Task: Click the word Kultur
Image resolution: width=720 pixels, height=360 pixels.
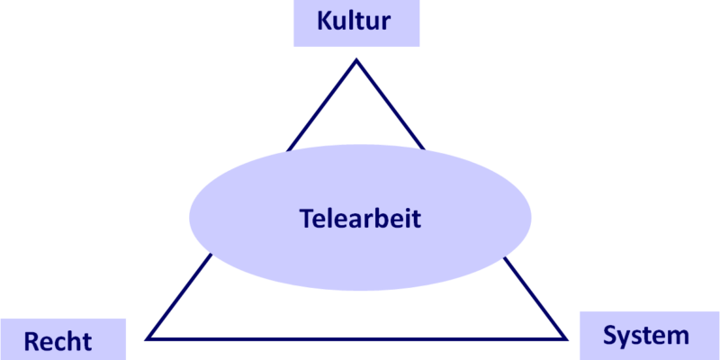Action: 354,21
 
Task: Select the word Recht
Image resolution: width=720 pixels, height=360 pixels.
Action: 58,342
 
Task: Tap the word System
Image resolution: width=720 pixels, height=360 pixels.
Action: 645,337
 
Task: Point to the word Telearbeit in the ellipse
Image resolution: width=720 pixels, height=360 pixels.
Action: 360,218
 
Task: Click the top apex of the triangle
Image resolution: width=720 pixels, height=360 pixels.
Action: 356,60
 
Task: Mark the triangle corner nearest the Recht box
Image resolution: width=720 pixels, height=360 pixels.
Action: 147,339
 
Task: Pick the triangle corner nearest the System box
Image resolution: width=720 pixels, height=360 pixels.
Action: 566,339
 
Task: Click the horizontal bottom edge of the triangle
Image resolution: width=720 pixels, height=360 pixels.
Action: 356,339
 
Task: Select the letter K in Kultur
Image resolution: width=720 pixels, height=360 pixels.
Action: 325,21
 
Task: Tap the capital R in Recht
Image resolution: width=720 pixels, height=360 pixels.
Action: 31,342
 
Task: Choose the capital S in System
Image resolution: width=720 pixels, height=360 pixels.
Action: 610,336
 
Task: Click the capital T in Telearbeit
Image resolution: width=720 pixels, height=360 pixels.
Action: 307,219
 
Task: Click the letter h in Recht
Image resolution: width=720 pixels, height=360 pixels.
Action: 77,341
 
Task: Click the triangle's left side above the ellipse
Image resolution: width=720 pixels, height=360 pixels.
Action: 322,105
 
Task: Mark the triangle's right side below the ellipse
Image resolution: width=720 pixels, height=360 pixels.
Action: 535,299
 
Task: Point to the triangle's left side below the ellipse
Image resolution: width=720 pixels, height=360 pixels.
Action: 179,296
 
